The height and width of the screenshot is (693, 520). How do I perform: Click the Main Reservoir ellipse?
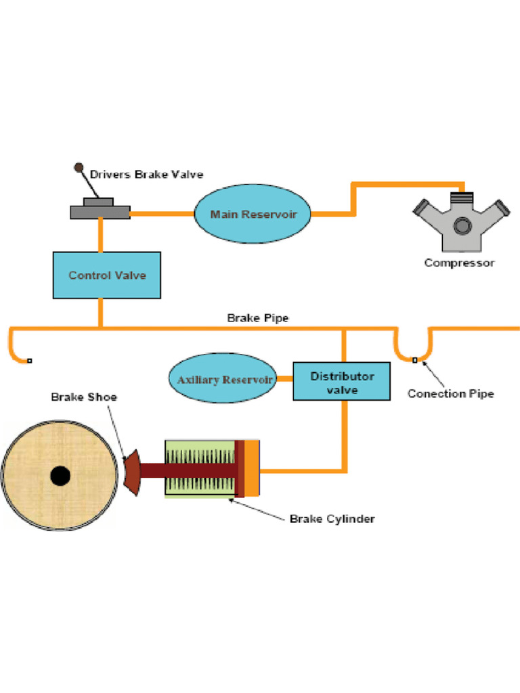(x=253, y=214)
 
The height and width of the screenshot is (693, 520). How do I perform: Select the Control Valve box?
(x=107, y=275)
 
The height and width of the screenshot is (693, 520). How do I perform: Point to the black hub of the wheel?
(x=60, y=476)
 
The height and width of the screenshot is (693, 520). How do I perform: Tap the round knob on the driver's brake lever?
(x=79, y=167)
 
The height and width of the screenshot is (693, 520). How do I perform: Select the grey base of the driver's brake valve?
(x=100, y=212)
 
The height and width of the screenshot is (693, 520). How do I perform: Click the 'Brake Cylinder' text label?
(x=332, y=519)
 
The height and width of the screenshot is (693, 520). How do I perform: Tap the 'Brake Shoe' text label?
(x=84, y=397)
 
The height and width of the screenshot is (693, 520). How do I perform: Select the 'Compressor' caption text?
(x=459, y=263)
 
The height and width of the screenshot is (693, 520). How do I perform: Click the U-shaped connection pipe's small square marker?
(x=415, y=360)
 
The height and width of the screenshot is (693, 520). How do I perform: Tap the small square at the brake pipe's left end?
(x=29, y=361)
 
